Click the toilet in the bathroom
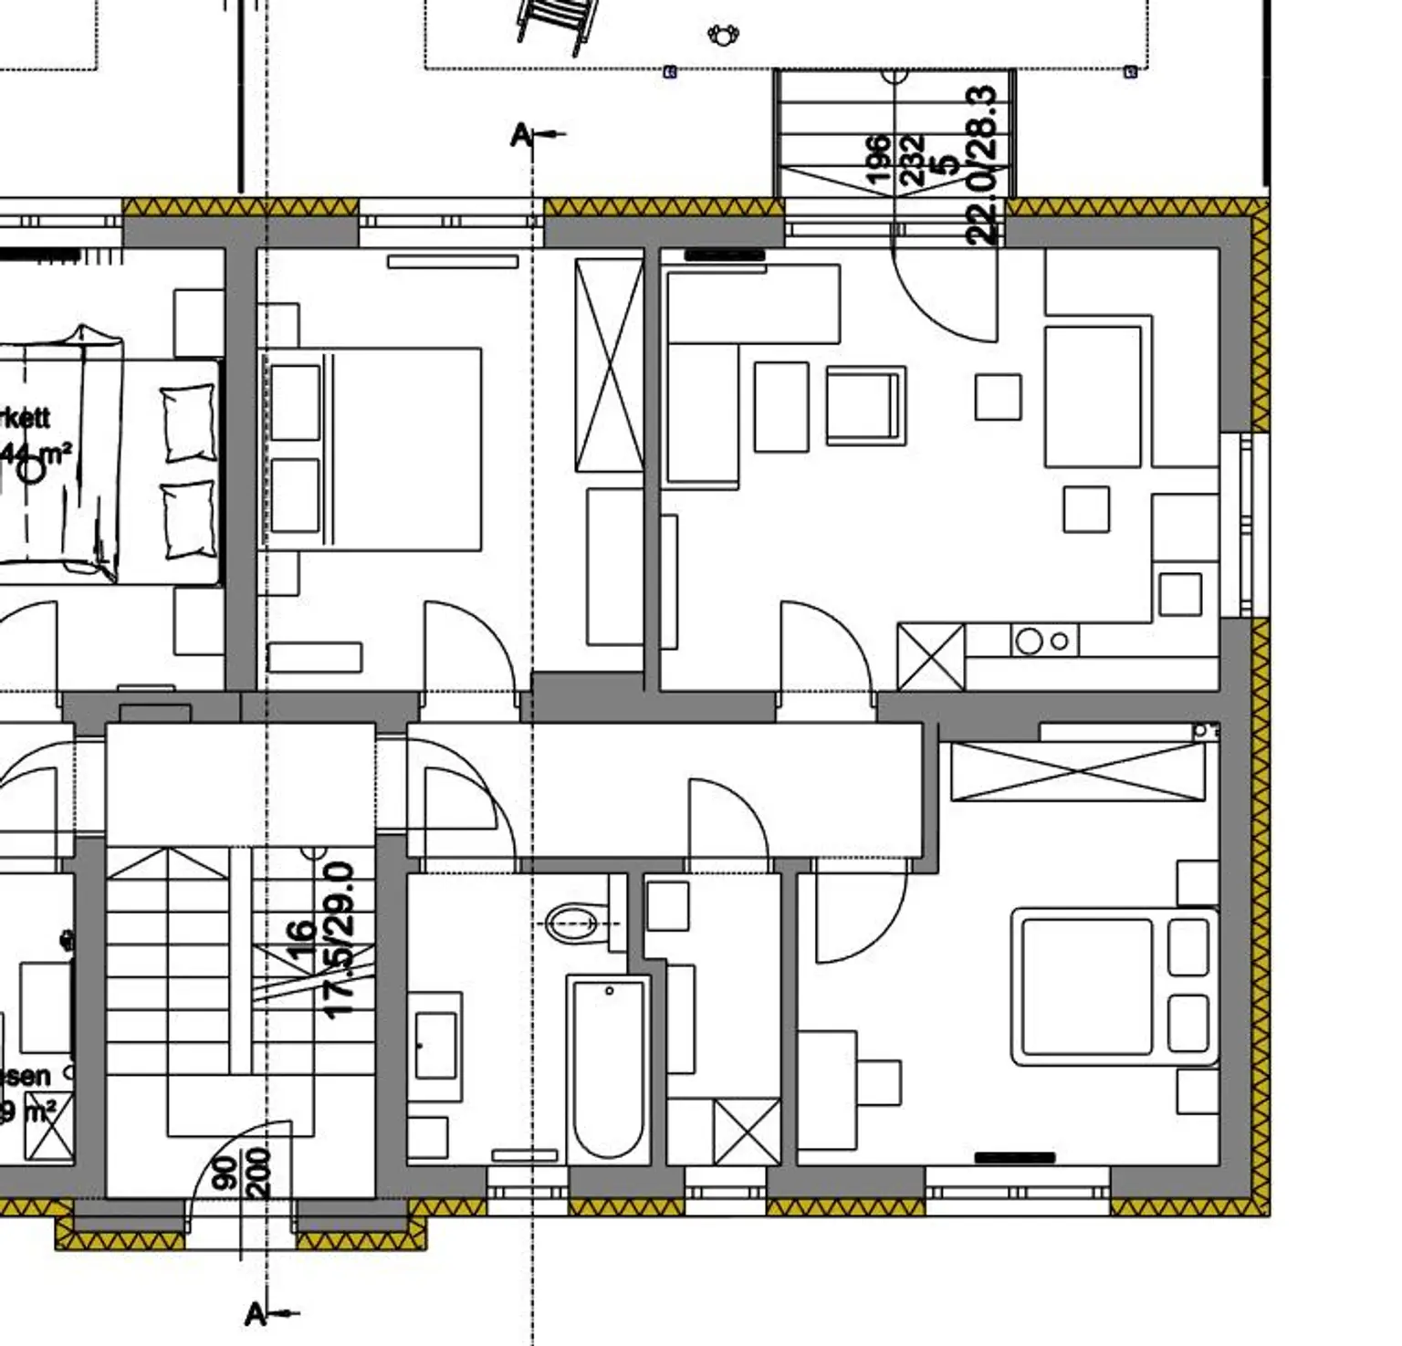click(573, 923)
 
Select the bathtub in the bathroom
click(609, 1069)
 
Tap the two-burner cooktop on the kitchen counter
click(1043, 642)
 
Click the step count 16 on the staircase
click(300, 940)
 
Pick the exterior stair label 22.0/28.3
click(981, 164)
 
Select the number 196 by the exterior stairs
click(877, 160)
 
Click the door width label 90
click(224, 1173)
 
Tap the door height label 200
click(258, 1173)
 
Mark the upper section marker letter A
click(520, 136)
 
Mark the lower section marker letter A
click(256, 1314)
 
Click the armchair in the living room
click(865, 405)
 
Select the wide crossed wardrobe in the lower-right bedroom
click(1078, 772)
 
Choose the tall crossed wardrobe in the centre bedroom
click(609, 365)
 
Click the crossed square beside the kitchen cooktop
click(931, 657)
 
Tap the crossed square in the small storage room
click(747, 1132)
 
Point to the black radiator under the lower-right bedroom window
click(1015, 1158)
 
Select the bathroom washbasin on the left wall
click(435, 1045)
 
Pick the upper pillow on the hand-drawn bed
click(189, 423)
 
